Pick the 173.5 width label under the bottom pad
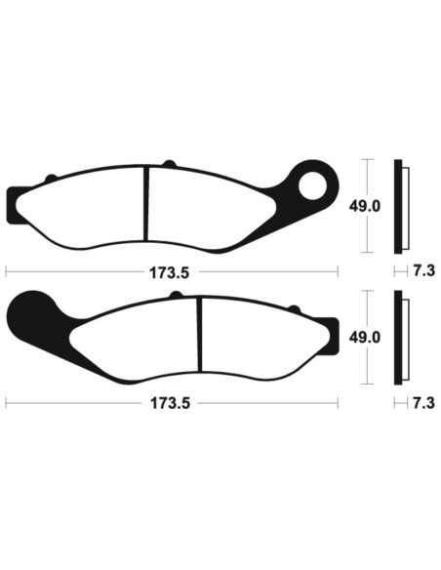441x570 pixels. [170, 402]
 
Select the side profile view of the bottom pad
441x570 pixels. [399, 338]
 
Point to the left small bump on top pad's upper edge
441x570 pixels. [52, 177]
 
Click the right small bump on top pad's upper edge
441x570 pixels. [168, 163]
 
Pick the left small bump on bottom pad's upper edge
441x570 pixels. [176, 296]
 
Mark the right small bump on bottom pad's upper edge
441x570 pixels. [292, 309]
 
